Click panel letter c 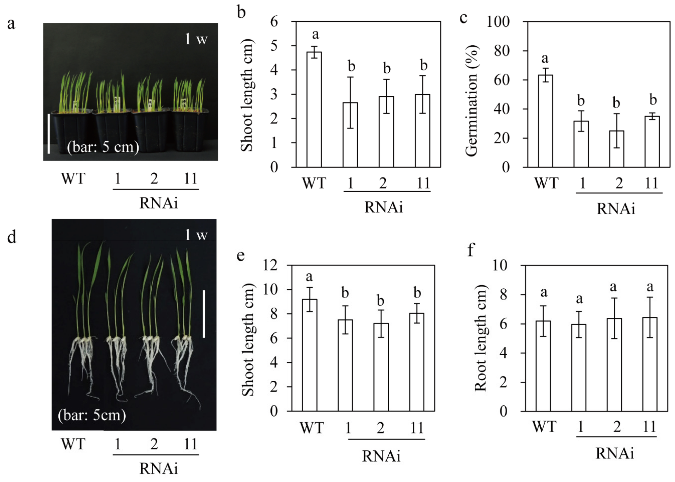coord(463,18)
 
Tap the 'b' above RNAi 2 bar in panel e coord(380,301)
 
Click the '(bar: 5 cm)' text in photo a coord(103,147)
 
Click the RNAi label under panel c coord(616,209)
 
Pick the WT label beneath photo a coord(73,178)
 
